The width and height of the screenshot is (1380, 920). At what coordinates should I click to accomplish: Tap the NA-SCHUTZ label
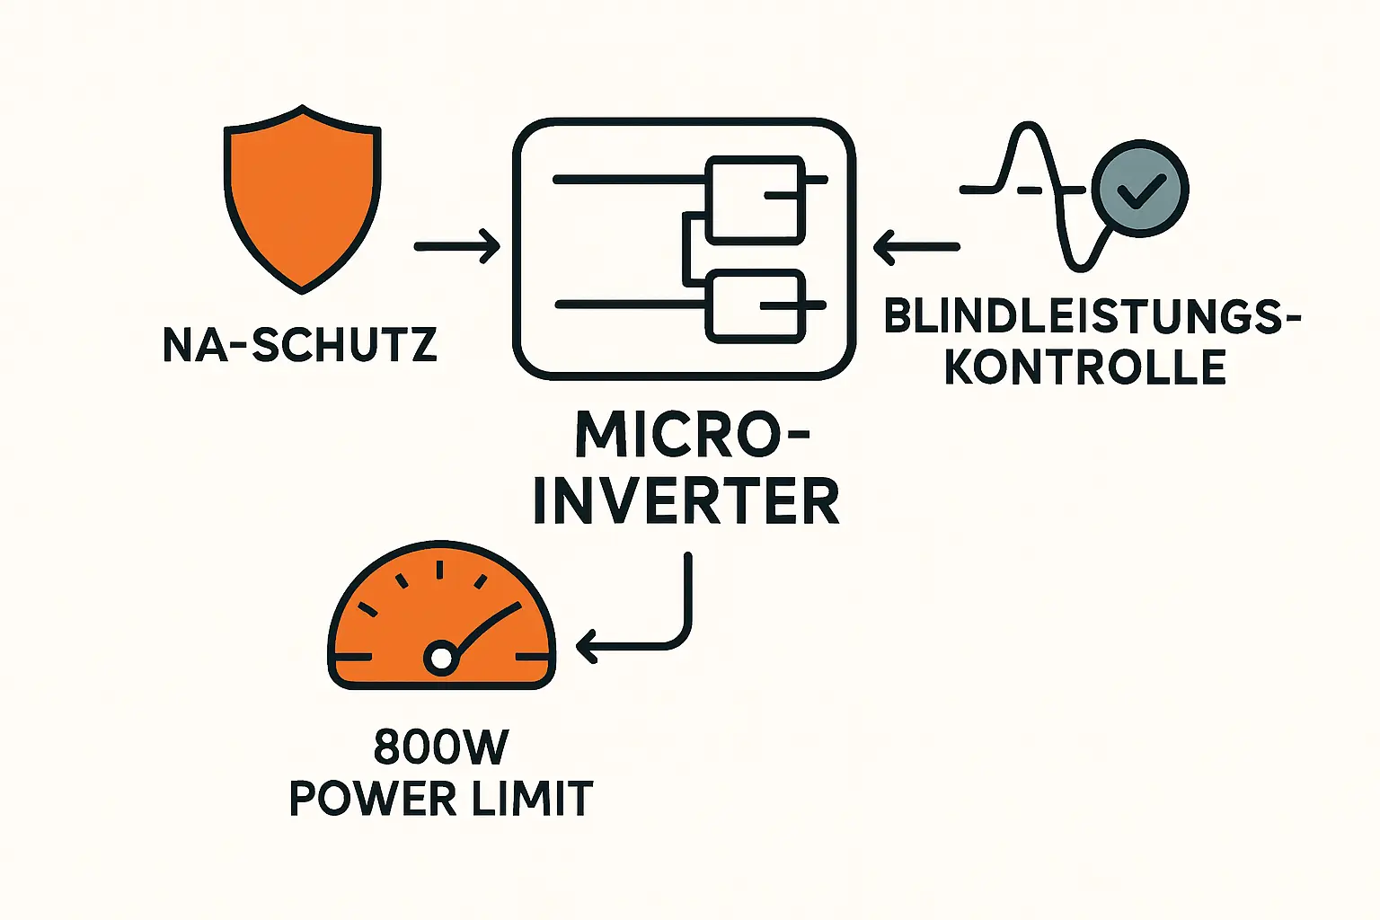point(300,345)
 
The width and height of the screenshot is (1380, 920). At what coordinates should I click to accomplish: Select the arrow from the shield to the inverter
point(457,245)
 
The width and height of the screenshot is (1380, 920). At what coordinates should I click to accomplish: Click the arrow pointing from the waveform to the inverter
point(916,246)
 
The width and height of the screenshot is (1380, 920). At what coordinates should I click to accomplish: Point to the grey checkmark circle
point(1140,189)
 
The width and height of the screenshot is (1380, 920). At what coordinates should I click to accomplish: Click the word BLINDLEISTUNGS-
point(1092,316)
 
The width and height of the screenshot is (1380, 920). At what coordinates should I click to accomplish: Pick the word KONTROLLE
point(1085,367)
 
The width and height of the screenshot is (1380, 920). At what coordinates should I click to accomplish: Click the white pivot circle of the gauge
point(441,659)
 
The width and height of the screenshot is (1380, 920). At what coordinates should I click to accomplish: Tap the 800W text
point(441,747)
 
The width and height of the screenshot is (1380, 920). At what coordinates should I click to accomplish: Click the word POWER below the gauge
point(374,798)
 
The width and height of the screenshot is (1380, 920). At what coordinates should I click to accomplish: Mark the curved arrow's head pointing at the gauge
point(586,645)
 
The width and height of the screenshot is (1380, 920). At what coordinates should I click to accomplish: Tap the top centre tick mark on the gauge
point(440,569)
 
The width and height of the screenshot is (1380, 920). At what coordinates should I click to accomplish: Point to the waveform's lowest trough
point(1078,263)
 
